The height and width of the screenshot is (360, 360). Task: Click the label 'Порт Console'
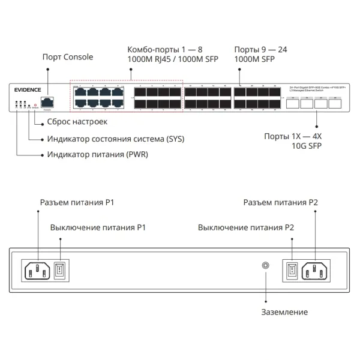click(x=68, y=57)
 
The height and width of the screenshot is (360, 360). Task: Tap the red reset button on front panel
click(x=36, y=104)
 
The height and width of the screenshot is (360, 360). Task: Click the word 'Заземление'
click(x=284, y=312)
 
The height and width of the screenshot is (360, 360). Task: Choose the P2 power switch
click(x=290, y=269)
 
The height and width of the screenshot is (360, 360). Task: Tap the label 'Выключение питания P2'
click(x=246, y=228)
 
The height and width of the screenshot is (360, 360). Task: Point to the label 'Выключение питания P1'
click(x=98, y=228)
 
